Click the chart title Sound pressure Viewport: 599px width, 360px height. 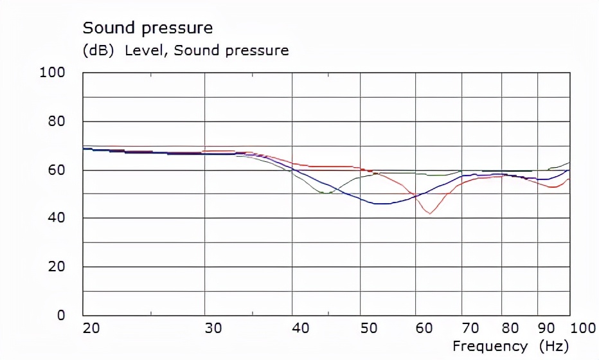(x=147, y=28)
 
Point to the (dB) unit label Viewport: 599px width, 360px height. (x=99, y=50)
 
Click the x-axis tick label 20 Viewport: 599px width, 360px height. (x=91, y=328)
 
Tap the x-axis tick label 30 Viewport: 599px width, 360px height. (x=213, y=328)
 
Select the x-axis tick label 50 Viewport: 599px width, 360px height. (x=368, y=328)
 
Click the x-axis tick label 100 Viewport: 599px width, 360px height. (x=583, y=328)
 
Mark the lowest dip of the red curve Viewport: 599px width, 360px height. (x=429, y=213)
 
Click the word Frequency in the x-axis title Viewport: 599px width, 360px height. (x=490, y=346)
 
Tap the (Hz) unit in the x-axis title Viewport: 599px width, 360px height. (x=554, y=346)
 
